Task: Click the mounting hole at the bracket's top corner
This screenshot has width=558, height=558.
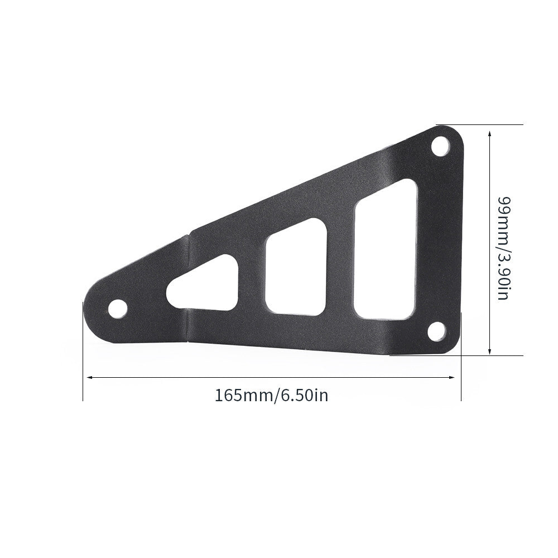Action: (440, 146)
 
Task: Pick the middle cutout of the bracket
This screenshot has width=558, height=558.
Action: (296, 267)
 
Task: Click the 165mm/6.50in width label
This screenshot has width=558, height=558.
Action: (271, 396)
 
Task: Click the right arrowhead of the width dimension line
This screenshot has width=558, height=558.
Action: (452, 377)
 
